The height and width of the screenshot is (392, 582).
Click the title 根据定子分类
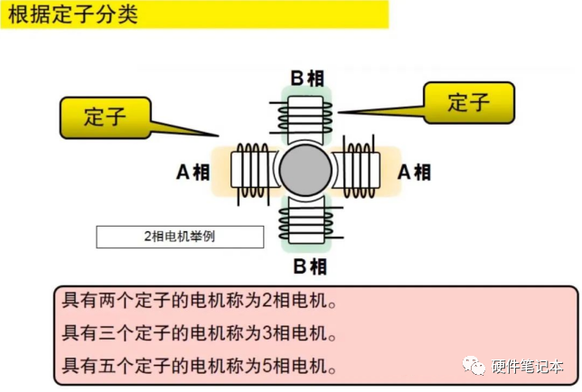72,14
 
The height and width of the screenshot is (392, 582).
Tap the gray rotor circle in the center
305,170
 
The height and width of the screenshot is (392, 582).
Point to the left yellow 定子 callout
104,116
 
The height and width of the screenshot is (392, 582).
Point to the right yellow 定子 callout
468,102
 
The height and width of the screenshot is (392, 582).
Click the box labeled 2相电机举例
180,237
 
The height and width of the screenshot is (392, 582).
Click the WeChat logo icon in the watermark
473,366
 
